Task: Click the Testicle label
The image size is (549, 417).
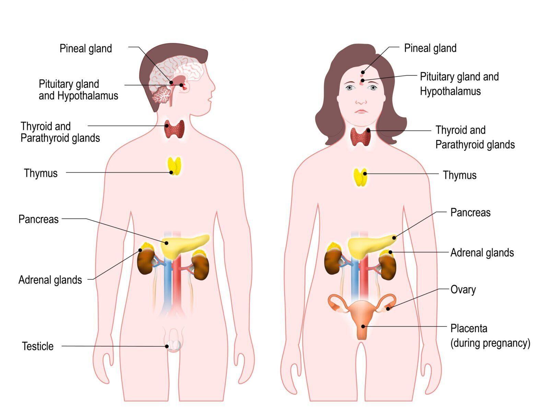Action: tap(38, 346)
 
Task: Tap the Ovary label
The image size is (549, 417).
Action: tap(463, 290)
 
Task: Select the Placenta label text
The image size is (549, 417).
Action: tap(469, 328)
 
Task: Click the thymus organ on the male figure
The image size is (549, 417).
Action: tap(174, 166)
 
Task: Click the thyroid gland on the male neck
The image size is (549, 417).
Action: tap(175, 129)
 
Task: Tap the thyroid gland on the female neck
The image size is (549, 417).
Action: tap(361, 137)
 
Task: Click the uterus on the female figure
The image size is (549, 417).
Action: tap(361, 314)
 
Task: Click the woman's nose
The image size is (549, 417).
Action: tap(361, 101)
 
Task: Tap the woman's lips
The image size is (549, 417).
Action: tap(361, 111)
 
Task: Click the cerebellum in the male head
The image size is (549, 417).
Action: tap(161, 94)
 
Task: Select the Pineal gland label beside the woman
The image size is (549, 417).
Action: tap(430, 48)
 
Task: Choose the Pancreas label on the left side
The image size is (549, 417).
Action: tap(38, 219)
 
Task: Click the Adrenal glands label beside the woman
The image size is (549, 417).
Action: tap(482, 253)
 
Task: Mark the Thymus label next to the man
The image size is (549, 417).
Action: tap(40, 173)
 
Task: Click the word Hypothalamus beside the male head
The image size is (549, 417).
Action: tap(87, 95)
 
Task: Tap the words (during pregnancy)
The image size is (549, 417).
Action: tap(490, 343)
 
